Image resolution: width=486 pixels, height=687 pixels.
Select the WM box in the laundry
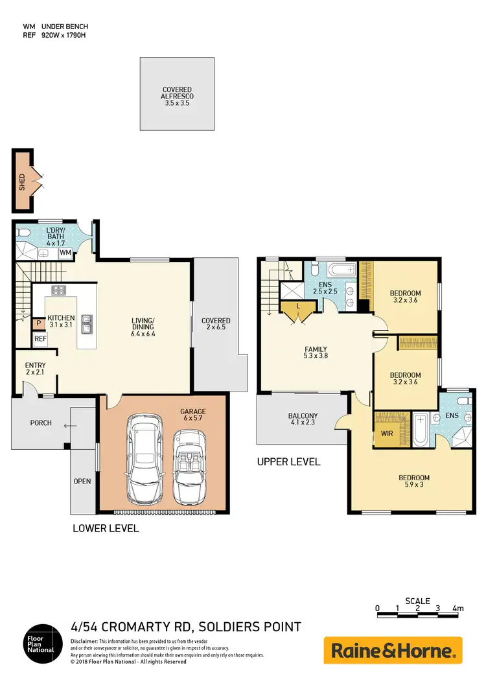65,252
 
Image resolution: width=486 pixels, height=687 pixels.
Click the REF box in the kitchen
40,338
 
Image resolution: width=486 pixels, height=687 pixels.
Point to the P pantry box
38,322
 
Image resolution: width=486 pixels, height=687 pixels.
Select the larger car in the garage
146,459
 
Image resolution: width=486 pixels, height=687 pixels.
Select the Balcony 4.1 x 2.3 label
303,420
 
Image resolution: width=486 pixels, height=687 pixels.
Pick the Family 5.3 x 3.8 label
316,353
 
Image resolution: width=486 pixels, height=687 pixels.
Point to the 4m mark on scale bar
458,609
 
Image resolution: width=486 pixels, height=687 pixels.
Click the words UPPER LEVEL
288,462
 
